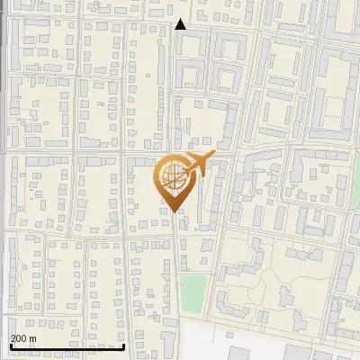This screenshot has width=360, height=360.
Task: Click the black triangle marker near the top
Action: [x=181, y=25]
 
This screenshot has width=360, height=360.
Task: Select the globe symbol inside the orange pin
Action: [x=172, y=175]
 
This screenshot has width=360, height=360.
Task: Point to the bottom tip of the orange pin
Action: [x=173, y=211]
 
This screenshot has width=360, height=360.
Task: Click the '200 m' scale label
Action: [x=23, y=338]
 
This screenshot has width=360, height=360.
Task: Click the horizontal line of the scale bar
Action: [x=67, y=346]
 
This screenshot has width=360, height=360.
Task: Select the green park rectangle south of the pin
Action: [x=192, y=291]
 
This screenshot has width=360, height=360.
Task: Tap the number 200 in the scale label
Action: [x=18, y=338]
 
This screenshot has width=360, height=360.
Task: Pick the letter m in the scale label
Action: [x=32, y=339]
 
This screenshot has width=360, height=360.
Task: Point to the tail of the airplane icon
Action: [x=183, y=171]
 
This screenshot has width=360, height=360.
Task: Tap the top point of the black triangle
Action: [x=181, y=20]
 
